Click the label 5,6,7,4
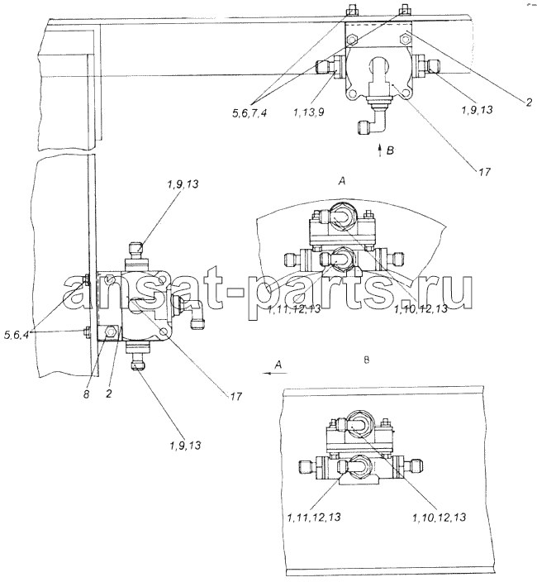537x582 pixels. (x=249, y=112)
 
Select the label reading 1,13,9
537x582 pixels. (x=308, y=112)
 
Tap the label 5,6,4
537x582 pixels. (x=17, y=335)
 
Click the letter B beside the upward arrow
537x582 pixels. (x=390, y=150)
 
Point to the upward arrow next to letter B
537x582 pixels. (x=379, y=150)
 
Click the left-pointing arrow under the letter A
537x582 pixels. (x=275, y=373)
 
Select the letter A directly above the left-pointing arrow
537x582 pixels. (x=278, y=365)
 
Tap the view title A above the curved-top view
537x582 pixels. (x=342, y=181)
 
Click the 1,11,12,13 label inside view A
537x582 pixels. (x=294, y=309)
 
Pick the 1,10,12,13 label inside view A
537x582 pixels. (x=421, y=308)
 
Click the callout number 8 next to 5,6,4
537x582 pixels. (x=86, y=394)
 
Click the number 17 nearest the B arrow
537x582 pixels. (x=484, y=171)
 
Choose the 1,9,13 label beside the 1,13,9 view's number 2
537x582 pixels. (x=478, y=109)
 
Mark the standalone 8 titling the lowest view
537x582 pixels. (x=367, y=360)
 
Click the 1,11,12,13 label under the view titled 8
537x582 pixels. (x=314, y=517)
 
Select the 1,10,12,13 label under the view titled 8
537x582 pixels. (x=439, y=517)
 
